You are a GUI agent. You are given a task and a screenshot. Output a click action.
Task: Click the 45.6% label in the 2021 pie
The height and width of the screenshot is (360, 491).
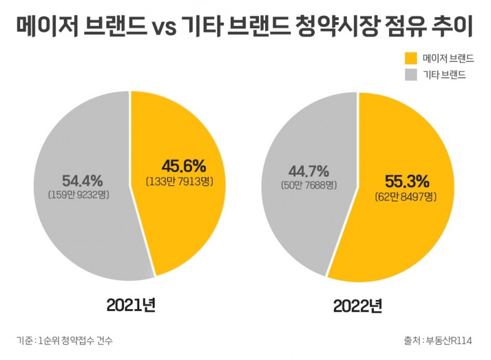pyautogui.click(x=183, y=166)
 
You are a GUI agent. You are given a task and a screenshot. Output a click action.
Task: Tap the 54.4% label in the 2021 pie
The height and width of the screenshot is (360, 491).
pyautogui.click(x=82, y=180)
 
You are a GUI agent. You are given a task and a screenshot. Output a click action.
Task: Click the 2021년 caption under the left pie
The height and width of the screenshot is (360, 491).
pyautogui.click(x=131, y=305)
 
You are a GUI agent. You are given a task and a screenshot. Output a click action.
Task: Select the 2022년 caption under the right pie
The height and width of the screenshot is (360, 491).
pyautogui.click(x=358, y=305)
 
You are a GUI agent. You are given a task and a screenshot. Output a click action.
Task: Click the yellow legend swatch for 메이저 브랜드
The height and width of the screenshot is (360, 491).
pyautogui.click(x=410, y=59)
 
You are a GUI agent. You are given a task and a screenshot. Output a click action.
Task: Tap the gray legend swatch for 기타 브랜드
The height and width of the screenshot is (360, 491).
pyautogui.click(x=410, y=75)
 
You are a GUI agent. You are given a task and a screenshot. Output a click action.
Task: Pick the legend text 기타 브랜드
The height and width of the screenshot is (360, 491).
pyautogui.click(x=444, y=75)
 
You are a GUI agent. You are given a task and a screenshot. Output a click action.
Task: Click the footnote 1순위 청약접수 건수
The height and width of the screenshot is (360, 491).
pyautogui.click(x=76, y=340)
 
